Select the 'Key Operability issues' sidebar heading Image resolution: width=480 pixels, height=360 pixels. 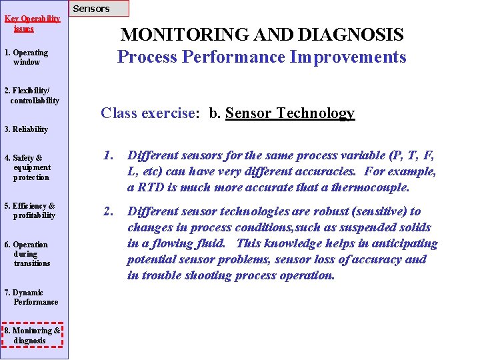(x=32, y=23)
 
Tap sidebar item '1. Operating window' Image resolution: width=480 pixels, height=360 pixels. (x=26, y=57)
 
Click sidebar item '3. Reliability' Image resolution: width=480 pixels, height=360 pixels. (x=26, y=129)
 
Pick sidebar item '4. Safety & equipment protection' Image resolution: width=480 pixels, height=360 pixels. (x=27, y=167)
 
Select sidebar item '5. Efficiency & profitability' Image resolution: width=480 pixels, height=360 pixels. (x=30, y=211)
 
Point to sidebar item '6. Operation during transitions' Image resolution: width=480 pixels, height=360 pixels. (x=27, y=253)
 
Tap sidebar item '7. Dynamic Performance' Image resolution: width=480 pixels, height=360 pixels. (x=31, y=297)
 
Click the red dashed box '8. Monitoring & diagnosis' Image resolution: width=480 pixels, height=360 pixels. (x=33, y=335)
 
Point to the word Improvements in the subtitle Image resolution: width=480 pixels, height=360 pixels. (x=347, y=57)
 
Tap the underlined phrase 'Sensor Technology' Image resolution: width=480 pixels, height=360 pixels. (x=290, y=113)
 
